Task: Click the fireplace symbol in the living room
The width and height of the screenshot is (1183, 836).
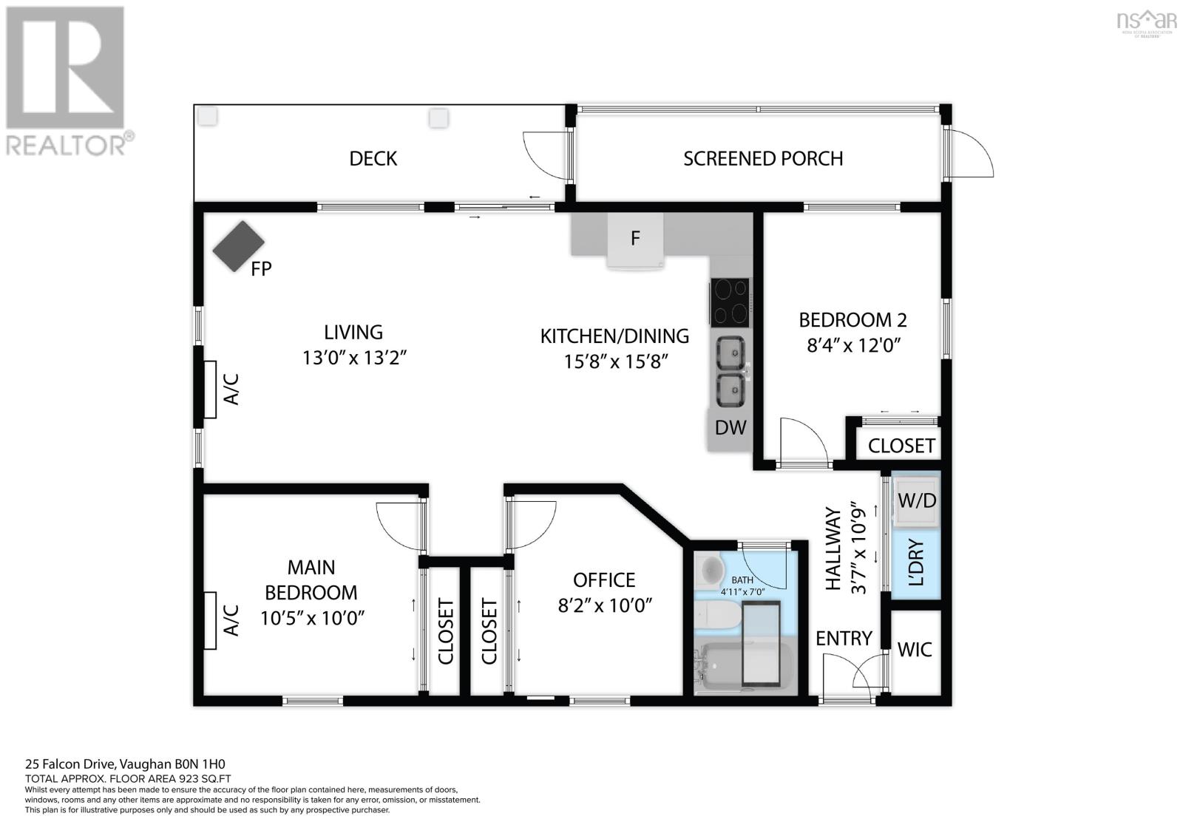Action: pos(239,246)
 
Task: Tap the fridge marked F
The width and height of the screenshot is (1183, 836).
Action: pos(635,240)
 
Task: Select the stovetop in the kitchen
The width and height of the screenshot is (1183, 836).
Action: pos(730,302)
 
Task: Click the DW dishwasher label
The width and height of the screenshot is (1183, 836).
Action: pos(731,427)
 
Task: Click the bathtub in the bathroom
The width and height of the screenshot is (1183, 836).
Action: pos(744,666)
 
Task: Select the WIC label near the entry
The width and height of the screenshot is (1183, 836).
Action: pos(915,650)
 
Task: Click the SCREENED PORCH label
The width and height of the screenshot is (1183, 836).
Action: pos(763,158)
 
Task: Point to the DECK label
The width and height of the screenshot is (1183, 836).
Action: pos(373,158)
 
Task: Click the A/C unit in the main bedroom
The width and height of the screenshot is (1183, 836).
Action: pos(210,620)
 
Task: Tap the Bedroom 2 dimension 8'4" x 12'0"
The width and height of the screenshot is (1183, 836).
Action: pos(853,345)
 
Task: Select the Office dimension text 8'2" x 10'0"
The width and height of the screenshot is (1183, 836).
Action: pos(606,605)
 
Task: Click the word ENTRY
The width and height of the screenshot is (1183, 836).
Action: pos(844,639)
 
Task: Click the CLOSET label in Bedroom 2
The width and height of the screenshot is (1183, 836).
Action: pos(901,446)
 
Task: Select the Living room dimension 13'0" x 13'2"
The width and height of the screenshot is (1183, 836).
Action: pos(354,358)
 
